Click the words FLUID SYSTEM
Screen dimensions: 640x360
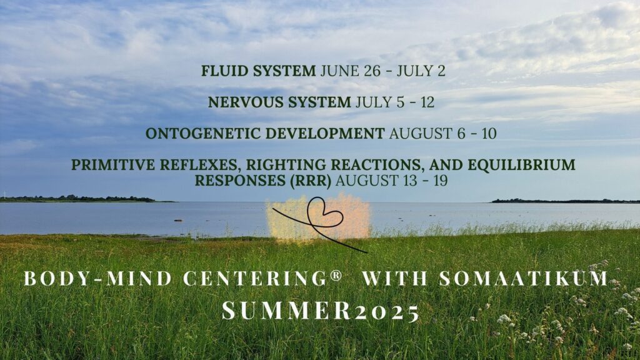[258, 71]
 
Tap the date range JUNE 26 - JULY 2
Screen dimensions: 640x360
[383, 71]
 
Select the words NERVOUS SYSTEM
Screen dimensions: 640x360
[279, 102]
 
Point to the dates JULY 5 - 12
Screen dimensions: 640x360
[395, 102]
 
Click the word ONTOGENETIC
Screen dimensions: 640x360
[204, 134]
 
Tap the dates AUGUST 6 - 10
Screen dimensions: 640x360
[443, 134]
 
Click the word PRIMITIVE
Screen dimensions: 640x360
[113, 165]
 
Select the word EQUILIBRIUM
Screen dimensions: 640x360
[521, 165]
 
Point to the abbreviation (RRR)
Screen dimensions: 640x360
[311, 181]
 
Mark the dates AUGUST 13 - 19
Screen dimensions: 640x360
[392, 181]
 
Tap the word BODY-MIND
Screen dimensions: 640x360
[98, 278]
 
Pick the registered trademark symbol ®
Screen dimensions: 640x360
[336, 275]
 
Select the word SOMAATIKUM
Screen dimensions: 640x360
[524, 278]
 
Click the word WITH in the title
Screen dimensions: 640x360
[394, 278]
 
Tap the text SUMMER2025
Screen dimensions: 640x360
[321, 311]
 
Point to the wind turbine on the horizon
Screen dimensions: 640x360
[4, 195]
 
